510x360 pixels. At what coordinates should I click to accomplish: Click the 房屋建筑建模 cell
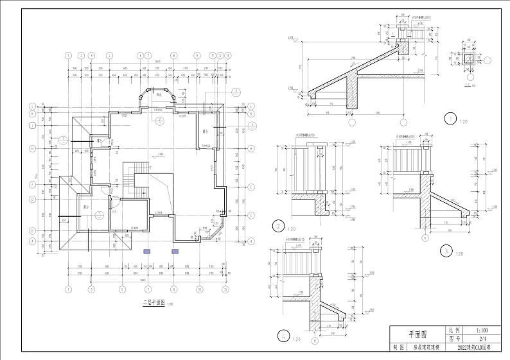pos(426,347)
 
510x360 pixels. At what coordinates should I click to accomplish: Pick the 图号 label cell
pos(455,338)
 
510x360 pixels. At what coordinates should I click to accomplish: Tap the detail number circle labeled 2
pos(278,225)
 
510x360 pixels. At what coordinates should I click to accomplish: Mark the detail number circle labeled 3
pos(445,250)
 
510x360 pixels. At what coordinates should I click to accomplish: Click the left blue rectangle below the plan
pos(147,252)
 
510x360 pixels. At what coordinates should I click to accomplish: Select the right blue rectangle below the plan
pos(174,252)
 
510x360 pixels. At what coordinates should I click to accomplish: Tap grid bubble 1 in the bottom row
pos(68,289)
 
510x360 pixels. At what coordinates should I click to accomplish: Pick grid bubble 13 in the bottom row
pos(228,289)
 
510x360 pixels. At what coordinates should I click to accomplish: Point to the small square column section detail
pos(471,60)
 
